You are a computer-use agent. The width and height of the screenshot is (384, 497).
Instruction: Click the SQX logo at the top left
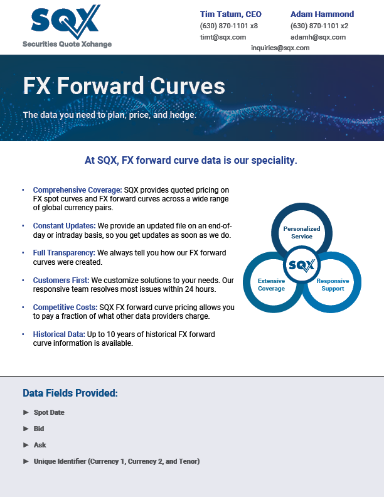tap(65, 23)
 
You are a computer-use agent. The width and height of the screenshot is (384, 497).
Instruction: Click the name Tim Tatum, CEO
tap(230, 14)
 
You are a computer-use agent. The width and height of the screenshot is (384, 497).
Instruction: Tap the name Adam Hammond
tap(322, 14)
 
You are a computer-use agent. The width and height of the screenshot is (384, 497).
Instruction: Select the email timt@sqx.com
tap(215, 37)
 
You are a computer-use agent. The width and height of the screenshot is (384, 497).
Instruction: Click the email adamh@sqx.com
tap(318, 37)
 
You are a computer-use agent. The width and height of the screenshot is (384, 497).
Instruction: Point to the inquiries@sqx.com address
tap(280, 48)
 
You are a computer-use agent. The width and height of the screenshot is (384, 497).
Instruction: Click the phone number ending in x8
tap(229, 26)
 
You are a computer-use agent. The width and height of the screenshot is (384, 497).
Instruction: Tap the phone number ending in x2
tap(319, 26)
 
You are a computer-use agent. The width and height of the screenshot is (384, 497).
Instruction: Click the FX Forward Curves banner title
tap(124, 86)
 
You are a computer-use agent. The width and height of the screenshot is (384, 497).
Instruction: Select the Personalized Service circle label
tap(302, 232)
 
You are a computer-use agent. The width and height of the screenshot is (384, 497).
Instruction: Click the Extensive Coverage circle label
tap(271, 285)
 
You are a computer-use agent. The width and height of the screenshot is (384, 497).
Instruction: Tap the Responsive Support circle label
tap(333, 285)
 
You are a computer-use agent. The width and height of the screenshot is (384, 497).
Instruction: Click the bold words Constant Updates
tap(63, 226)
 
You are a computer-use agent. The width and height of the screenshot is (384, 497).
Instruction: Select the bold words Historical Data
tap(59, 334)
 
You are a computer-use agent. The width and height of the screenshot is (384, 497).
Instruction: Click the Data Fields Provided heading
tap(70, 393)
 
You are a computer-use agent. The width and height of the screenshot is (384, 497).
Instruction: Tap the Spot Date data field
tap(49, 412)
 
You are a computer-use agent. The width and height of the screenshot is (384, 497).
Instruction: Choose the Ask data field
tap(40, 445)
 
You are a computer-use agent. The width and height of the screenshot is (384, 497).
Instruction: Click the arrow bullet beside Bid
tap(26, 429)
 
